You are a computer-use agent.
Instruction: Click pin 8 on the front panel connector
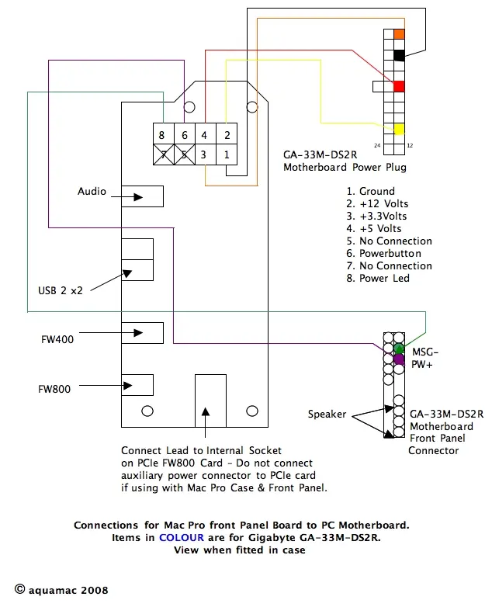click(x=161, y=135)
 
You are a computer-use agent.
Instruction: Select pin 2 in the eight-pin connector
click(x=227, y=135)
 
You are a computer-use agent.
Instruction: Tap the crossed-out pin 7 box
click(x=161, y=154)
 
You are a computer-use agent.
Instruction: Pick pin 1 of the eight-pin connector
click(x=227, y=154)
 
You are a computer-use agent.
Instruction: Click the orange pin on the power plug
click(x=399, y=35)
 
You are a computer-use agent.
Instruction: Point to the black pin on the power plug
click(x=399, y=55)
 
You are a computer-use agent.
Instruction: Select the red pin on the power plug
click(x=399, y=86)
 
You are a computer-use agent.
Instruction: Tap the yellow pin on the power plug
click(x=399, y=129)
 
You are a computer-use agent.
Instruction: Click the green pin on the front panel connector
click(x=399, y=348)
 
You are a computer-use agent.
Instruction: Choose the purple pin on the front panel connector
click(x=399, y=359)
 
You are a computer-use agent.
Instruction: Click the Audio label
click(x=92, y=192)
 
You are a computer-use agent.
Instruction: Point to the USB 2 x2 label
click(x=61, y=291)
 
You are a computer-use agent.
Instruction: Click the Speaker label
click(x=327, y=415)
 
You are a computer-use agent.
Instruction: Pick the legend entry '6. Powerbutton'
click(x=383, y=253)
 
